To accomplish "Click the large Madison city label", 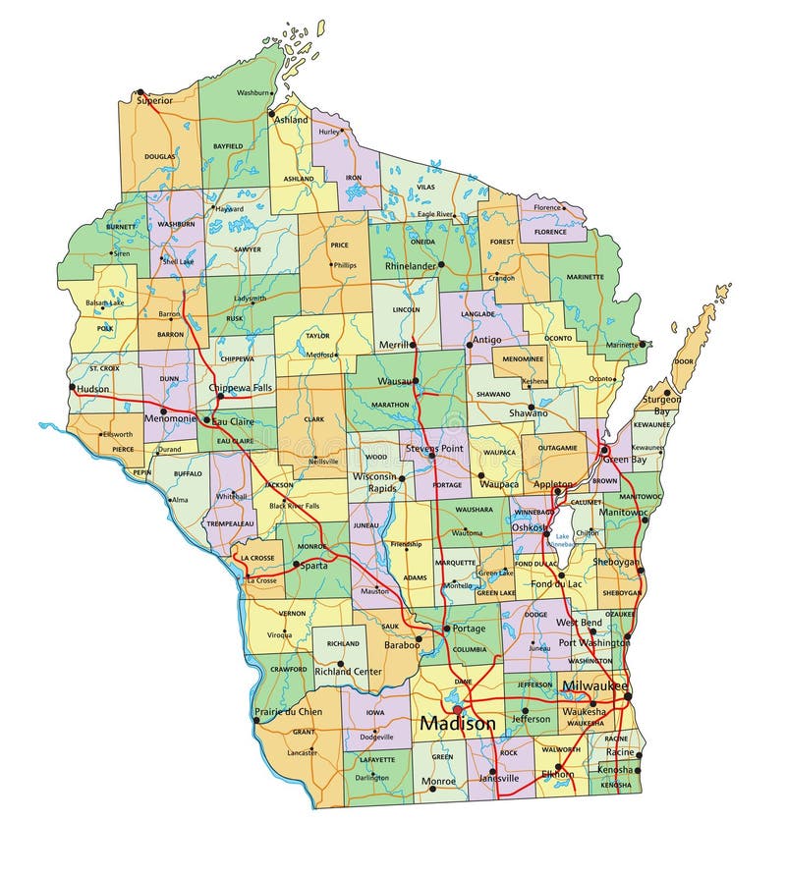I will [458, 724].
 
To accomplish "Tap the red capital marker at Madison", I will [456, 708].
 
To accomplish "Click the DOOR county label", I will [683, 361].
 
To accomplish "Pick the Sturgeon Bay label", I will [661, 406].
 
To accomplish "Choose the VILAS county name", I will [425, 187].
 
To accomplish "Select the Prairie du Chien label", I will [288, 711].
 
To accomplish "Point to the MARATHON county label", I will [390, 405].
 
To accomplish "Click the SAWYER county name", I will [248, 249].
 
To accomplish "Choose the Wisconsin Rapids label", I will [373, 482].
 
